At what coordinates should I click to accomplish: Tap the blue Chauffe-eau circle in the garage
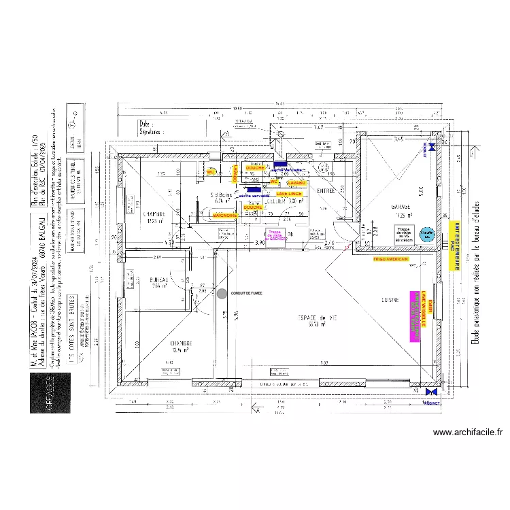(426, 233)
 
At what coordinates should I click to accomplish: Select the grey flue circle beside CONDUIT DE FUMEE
(222, 294)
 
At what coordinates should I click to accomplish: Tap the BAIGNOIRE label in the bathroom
(224, 215)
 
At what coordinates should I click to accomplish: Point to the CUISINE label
(390, 300)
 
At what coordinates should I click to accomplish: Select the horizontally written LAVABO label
(296, 183)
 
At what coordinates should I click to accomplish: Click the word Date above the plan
(146, 124)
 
